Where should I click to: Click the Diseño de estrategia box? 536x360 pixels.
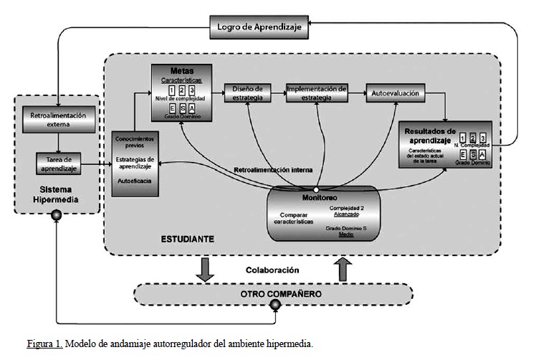pos(248,93)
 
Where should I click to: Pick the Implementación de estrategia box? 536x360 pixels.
pos(317,93)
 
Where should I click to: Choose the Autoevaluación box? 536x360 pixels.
pos(395,93)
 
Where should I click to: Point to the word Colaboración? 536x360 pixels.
pos(272,270)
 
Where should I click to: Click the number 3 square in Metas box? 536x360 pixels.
pos(192,91)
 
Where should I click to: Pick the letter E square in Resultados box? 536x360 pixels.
pos(464,155)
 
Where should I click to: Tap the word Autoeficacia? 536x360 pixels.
pos(135,183)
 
